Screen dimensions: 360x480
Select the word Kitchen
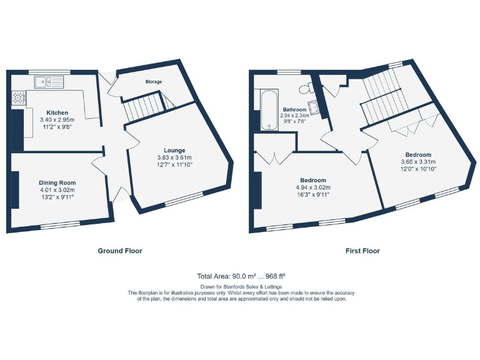click(57, 112)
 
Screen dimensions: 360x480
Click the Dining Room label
click(57, 182)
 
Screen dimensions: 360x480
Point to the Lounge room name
click(174, 150)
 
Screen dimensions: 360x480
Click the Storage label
click(154, 82)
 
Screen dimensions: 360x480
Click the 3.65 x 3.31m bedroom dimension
click(418, 162)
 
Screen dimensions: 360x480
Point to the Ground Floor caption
click(120, 251)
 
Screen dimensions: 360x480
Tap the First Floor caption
click(362, 251)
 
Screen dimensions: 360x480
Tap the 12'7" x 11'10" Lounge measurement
click(174, 164)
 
